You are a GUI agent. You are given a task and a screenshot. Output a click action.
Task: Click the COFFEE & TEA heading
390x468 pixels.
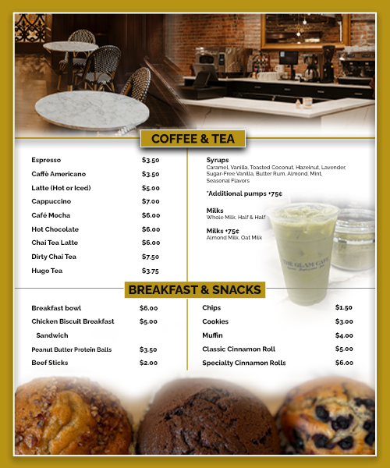point(192,139)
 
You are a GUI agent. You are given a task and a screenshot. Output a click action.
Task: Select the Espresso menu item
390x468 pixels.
point(46,160)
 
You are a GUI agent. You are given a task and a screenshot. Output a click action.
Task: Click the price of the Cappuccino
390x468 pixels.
point(151,201)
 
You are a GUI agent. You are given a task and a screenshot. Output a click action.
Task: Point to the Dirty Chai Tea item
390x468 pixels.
point(54,257)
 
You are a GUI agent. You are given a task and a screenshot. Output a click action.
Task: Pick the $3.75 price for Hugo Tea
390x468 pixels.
point(151,271)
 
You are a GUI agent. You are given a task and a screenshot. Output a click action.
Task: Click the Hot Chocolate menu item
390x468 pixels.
point(55,229)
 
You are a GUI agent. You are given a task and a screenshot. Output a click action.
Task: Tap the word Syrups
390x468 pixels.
point(218,160)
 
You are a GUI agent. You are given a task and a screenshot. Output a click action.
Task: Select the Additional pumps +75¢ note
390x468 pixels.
point(244,193)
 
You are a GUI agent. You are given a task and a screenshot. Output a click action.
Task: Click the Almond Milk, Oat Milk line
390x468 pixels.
point(234,237)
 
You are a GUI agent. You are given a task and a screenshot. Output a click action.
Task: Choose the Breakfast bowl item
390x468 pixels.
point(56,308)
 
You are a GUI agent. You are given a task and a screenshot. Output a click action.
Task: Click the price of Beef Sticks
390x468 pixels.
point(148,363)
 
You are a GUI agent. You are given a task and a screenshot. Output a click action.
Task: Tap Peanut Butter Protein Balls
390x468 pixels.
point(72,349)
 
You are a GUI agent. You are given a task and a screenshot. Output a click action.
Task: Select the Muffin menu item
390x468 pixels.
point(213,335)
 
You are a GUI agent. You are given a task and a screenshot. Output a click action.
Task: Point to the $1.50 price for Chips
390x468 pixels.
point(344,308)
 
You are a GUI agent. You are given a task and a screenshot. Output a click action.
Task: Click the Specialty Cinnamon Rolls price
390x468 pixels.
point(344,363)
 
